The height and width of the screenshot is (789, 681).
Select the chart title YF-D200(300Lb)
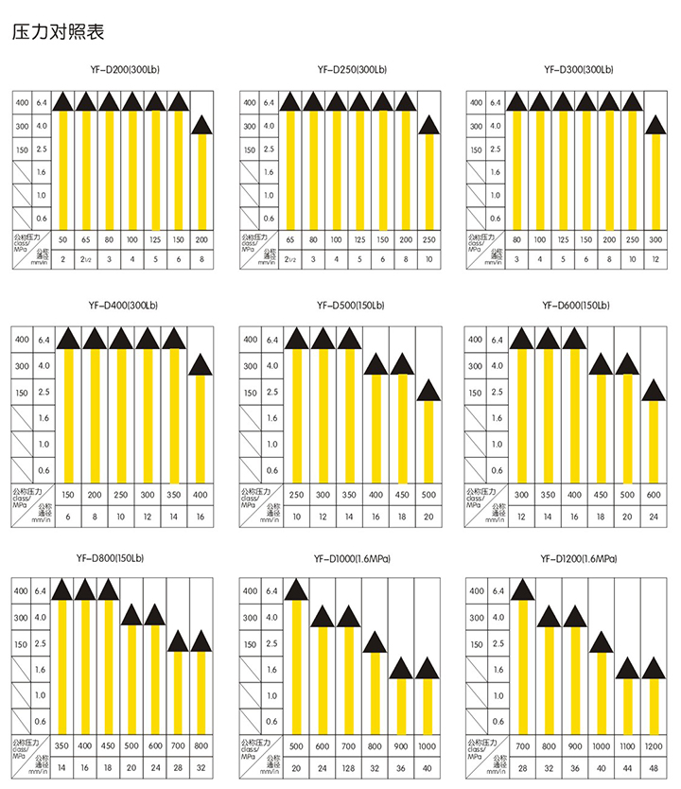pos(124,70)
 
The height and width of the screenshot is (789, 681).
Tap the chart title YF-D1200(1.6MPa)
pos(578,559)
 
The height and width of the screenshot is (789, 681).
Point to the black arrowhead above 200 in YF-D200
pos(202,124)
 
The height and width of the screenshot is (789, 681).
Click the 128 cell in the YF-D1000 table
pos(348,768)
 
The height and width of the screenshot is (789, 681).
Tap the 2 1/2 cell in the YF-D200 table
pos(85,259)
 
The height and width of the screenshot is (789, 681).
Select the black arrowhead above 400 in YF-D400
pos(201,364)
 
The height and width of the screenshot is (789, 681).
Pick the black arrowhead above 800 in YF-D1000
pos(375,642)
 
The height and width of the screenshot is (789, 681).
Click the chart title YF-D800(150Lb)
pos(125,559)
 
